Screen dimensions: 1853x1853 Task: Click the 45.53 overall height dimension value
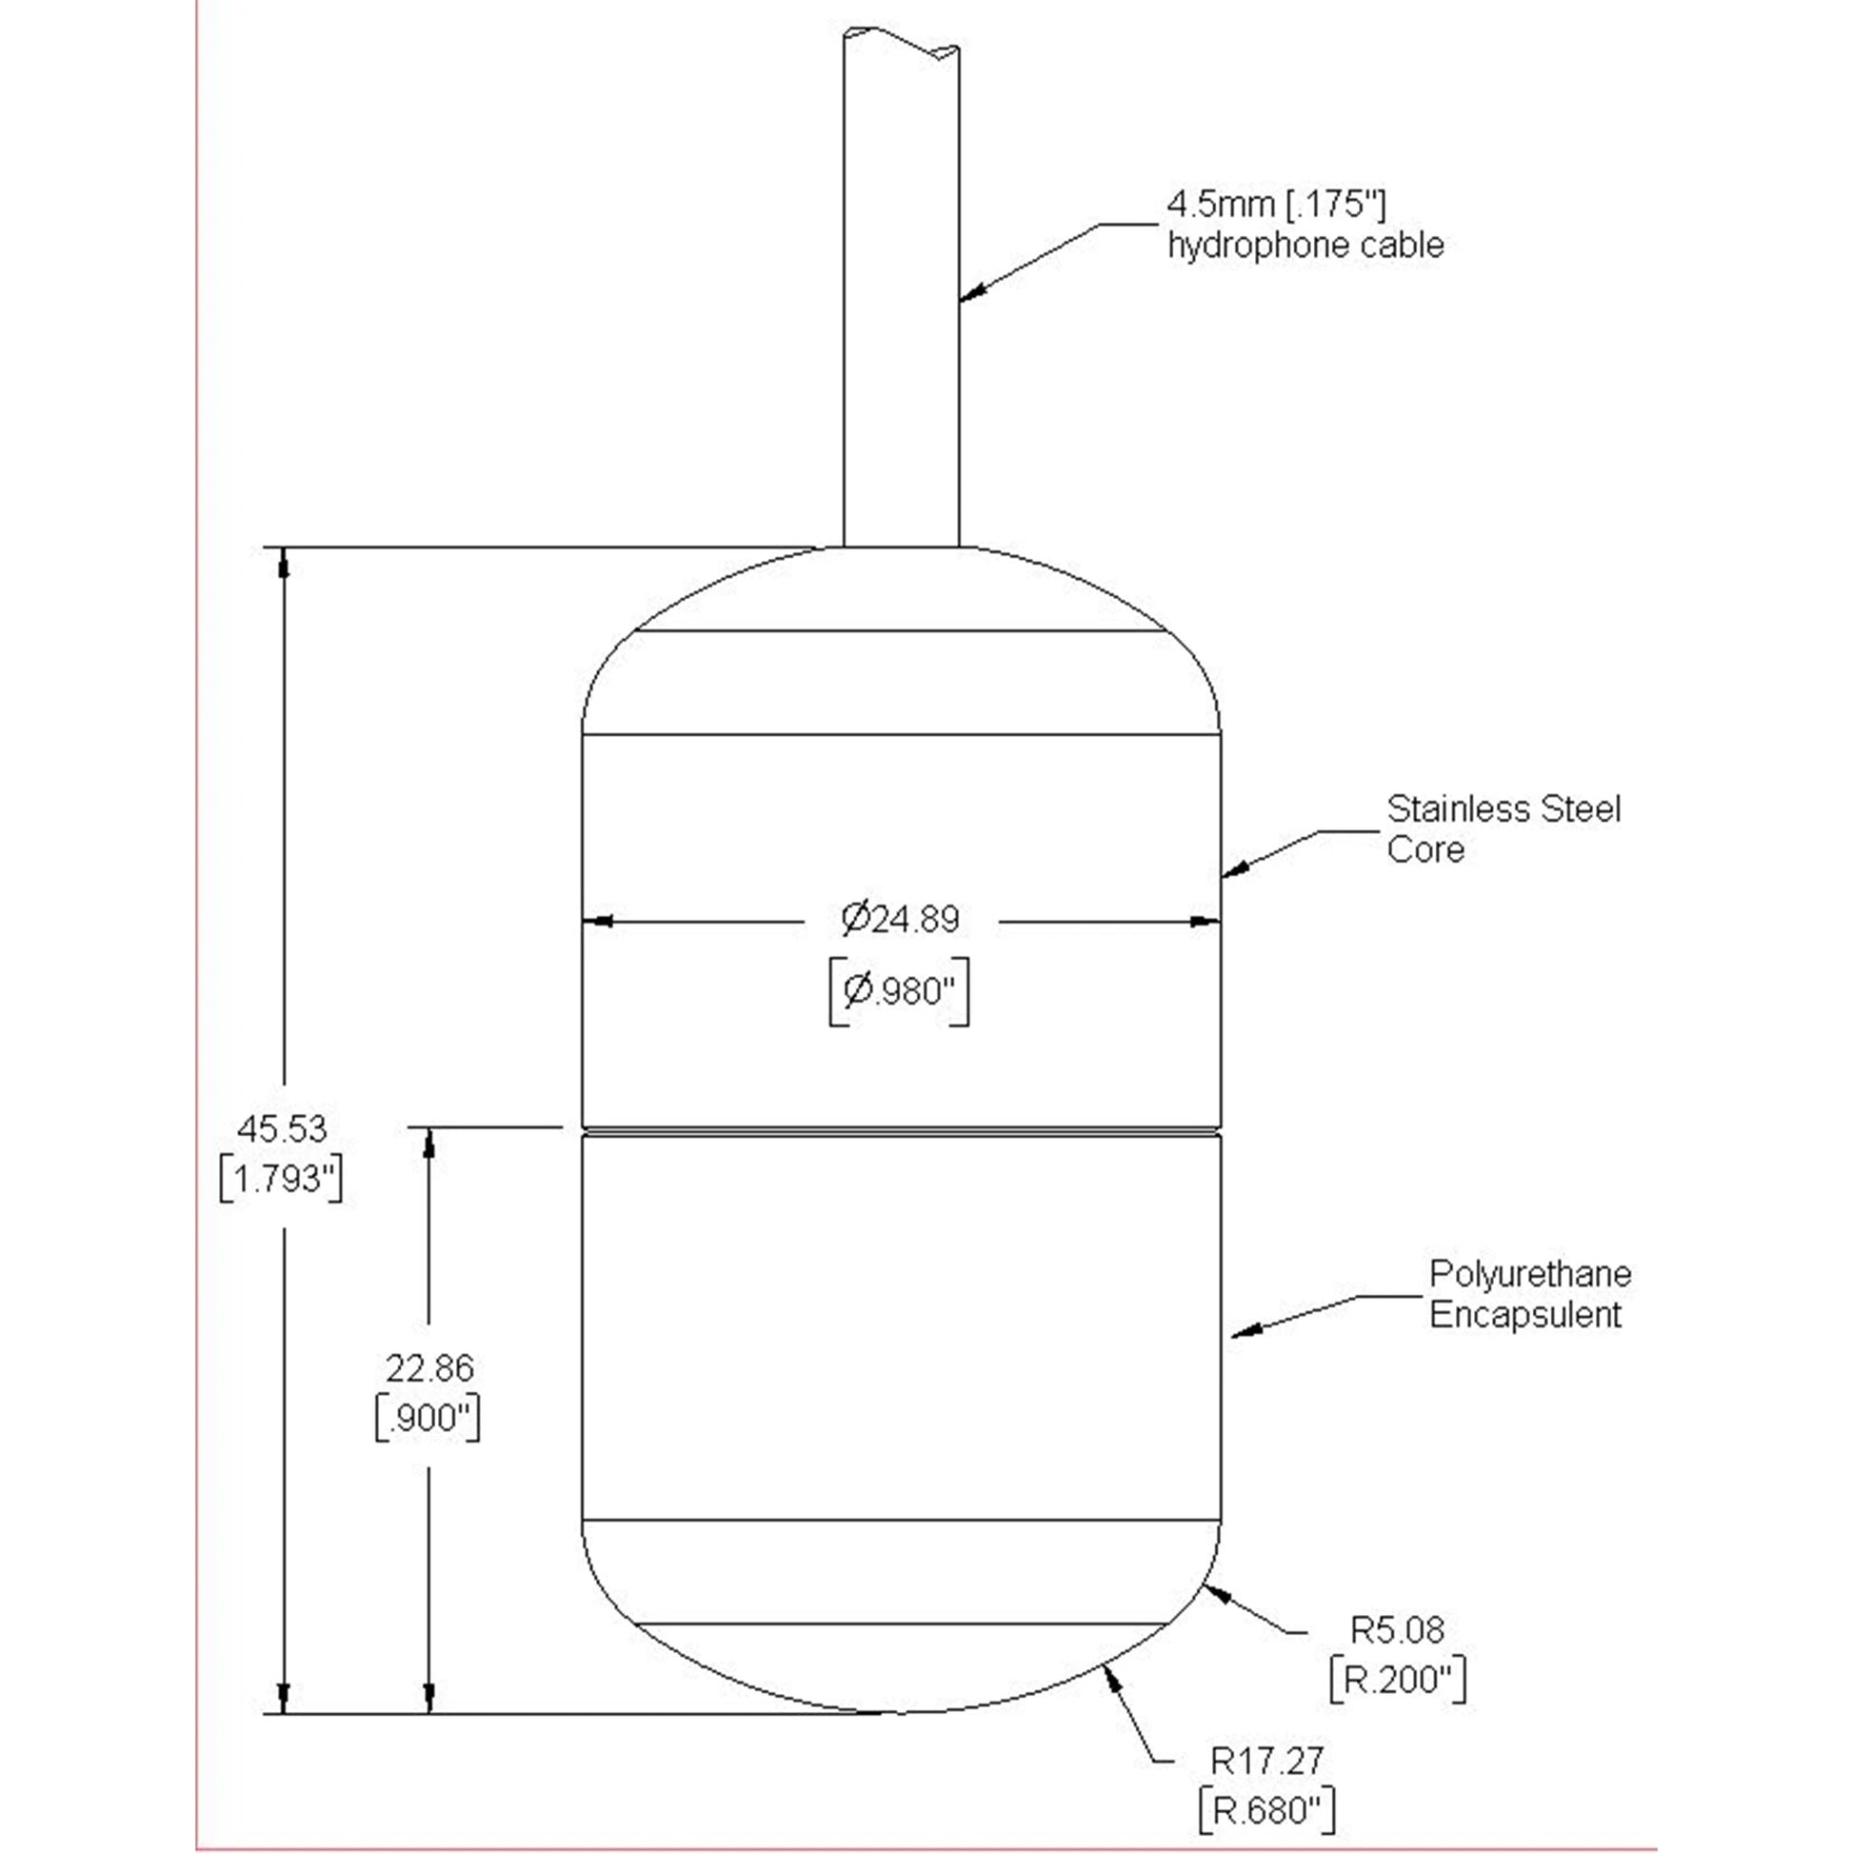[x=282, y=1129]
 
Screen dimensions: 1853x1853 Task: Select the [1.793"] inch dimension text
[x=281, y=1179]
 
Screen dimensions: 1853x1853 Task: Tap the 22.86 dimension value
[x=429, y=1367]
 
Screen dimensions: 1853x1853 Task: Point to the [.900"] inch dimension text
[x=428, y=1419]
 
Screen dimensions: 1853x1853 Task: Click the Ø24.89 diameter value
[x=900, y=919]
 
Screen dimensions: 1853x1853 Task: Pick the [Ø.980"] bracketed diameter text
[x=900, y=990]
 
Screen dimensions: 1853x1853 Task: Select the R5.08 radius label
[x=1397, y=1629]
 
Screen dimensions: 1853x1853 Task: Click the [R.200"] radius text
[x=1398, y=1681]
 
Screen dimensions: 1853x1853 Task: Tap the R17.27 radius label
[x=1267, y=1760]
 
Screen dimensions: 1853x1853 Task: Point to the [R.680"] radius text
[x=1267, y=1811]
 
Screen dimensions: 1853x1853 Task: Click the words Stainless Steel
[x=1504, y=808]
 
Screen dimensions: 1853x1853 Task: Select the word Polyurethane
[x=1530, y=1274]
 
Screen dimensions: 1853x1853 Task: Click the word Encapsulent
[x=1525, y=1314]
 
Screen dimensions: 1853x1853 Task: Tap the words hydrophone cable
[x=1305, y=245]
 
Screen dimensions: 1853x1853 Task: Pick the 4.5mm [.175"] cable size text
[x=1277, y=205]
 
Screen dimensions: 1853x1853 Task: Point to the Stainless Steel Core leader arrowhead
[x=1235, y=868]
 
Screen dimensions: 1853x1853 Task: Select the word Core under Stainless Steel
[x=1425, y=849]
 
